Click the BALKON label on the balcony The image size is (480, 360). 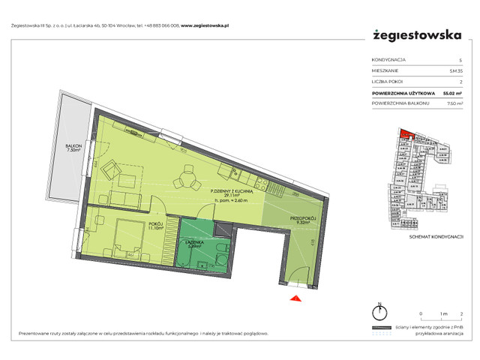pos(73,148)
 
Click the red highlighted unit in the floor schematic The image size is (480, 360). pos(404,135)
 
